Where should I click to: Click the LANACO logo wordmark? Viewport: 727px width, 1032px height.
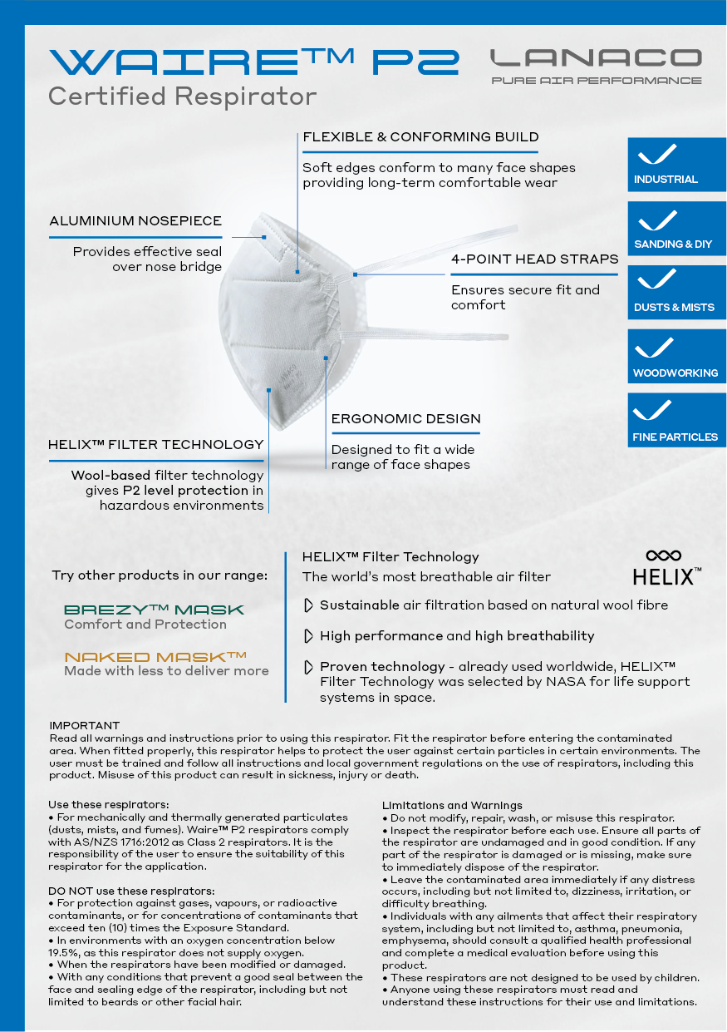pos(596,58)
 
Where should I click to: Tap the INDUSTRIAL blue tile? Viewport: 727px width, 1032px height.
pos(677,165)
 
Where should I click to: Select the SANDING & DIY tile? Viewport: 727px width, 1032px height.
pos(677,229)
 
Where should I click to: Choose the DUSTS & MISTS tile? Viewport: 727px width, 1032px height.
pos(677,293)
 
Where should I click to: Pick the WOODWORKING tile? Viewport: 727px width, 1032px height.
pos(677,357)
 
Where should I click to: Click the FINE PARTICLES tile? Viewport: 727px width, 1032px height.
pos(677,420)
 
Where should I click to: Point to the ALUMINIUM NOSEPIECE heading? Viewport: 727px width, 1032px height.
pos(135,221)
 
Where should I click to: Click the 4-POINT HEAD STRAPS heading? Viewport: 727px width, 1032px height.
pos(534,259)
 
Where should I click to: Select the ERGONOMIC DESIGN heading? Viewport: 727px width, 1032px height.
pos(405,419)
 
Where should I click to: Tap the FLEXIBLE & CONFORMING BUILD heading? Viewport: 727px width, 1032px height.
pos(420,137)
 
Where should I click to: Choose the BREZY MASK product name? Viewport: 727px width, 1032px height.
pos(154,610)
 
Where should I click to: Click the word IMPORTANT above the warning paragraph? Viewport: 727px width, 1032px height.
pos(84,726)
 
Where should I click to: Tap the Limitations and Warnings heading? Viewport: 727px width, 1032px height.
pos(452,805)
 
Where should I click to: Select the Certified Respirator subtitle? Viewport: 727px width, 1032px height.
pos(182,96)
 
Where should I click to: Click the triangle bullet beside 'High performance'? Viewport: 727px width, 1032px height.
pos(308,636)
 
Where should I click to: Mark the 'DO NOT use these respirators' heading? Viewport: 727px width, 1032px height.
pos(131,891)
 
